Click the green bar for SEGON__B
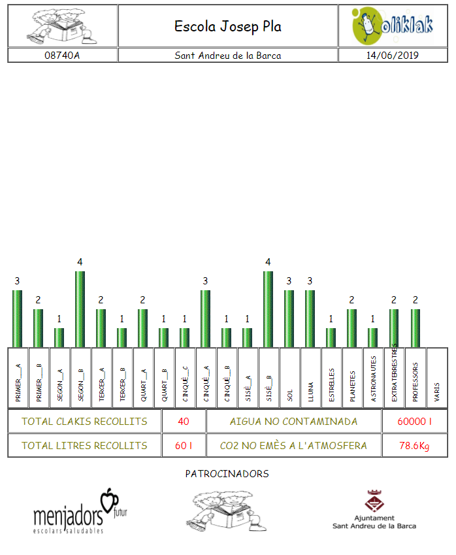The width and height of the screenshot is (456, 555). pos(80,309)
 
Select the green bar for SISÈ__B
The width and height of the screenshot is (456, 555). pos(268,309)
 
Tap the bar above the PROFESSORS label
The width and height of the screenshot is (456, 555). pos(415,328)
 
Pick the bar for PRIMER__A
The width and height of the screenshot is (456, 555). pos(18,318)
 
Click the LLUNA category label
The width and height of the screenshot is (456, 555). pos(311,392)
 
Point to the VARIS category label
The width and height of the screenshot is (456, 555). pos(437,392)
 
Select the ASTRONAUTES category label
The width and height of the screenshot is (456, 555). pos(374,378)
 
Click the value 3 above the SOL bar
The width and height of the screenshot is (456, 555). pos(289,281)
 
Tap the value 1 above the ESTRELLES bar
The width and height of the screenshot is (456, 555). pos(331,319)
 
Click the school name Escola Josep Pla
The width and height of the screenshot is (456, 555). pos(228,27)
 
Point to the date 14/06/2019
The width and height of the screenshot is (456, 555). pos(393,56)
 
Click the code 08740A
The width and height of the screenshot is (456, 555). pos(62,56)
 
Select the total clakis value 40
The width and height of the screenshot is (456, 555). pos(184,421)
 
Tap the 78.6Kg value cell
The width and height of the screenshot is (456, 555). pos(415,445)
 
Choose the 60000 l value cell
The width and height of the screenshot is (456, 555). pos(415,421)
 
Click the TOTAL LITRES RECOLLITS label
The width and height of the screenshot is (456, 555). pos(84,445)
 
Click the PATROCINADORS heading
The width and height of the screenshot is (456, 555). pos(227,473)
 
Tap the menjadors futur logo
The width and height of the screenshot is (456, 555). pos(80,511)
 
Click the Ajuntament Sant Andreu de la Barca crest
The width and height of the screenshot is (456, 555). pos(374,501)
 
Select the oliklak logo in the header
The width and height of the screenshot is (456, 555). pos(393,26)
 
